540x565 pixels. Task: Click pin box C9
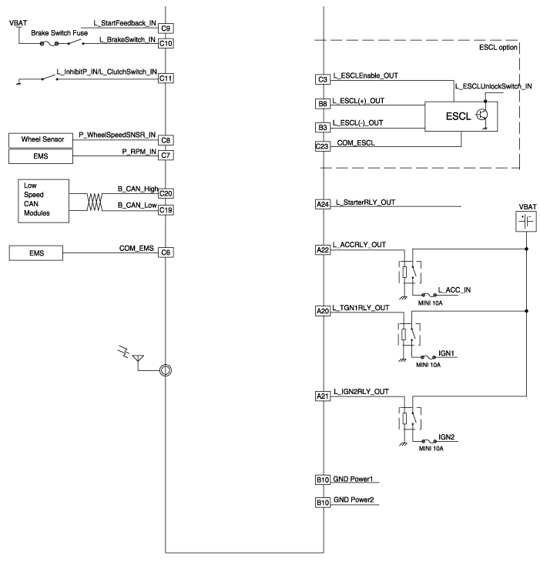[166, 29]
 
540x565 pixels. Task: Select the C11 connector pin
[166, 78]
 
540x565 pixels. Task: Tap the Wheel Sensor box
[38, 140]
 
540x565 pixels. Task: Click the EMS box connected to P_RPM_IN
[38, 157]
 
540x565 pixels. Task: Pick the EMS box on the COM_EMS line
[38, 252]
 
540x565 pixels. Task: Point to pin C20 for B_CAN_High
[166, 193]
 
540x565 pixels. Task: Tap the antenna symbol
[139, 358]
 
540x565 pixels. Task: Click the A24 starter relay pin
[323, 204]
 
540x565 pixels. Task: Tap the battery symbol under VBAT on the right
[526, 222]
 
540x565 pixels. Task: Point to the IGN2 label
[448, 436]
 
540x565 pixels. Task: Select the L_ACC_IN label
[454, 289]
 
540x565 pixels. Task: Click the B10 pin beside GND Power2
[323, 503]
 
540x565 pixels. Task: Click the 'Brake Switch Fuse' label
[60, 34]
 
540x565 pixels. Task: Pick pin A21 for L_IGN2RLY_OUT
[323, 396]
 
